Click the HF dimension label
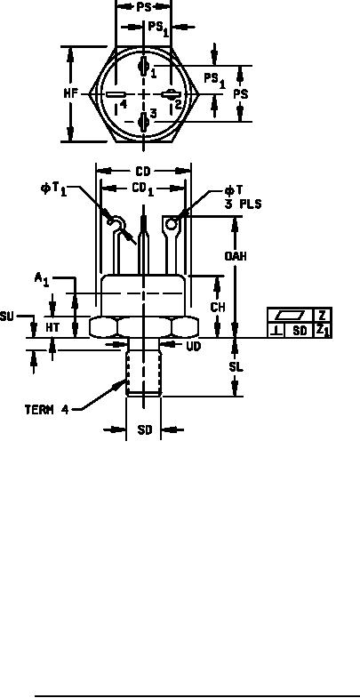tap(70, 94)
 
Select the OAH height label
tap(236, 256)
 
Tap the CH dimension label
tap(218, 307)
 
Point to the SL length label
tap(236, 367)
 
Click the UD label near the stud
tap(193, 346)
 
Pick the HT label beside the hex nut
tap(52, 327)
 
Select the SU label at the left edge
tap(7, 317)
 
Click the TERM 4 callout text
tap(47, 410)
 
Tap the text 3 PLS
tap(243, 204)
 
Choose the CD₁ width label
tap(143, 189)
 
